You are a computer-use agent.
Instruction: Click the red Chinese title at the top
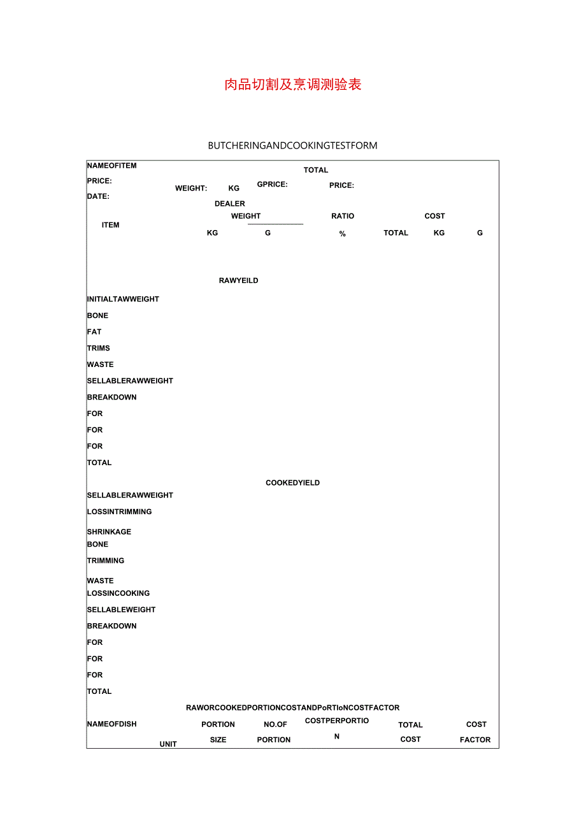point(293,85)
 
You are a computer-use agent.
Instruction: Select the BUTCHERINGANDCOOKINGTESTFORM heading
point(292,145)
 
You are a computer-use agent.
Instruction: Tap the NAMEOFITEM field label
point(111,166)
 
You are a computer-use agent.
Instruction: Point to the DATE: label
point(98,196)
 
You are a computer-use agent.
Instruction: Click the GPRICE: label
point(272,184)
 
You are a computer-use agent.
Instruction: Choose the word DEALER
point(230,204)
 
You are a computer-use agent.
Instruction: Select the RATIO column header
point(343,216)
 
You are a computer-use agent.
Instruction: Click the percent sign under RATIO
point(343,234)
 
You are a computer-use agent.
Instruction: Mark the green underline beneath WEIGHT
point(275,224)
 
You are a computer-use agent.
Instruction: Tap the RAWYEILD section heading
point(238,280)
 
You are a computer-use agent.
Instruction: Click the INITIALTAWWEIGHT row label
point(123,299)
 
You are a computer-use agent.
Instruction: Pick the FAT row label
point(94,332)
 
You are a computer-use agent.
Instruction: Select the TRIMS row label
point(99,348)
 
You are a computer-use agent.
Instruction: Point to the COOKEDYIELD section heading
point(292,483)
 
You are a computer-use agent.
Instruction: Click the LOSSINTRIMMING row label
point(119,512)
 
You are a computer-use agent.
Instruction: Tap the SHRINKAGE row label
point(109,531)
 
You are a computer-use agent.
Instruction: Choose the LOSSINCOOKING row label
point(118,593)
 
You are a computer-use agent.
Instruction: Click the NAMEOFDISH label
point(111,724)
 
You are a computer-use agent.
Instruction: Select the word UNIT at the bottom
point(168,744)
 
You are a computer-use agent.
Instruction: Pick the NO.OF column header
point(275,724)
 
